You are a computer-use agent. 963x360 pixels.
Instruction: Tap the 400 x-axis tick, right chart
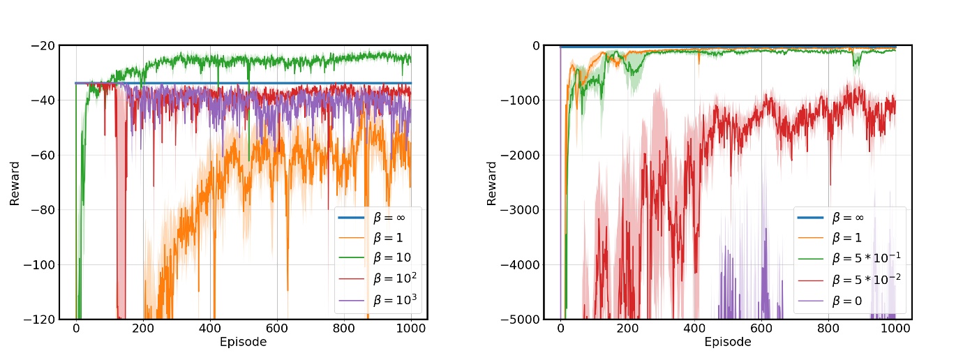[x=694, y=329]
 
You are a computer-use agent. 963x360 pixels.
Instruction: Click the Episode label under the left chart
[x=243, y=343]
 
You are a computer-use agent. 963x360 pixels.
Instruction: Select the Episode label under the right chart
[x=728, y=343]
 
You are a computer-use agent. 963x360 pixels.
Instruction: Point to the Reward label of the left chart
[x=14, y=183]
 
